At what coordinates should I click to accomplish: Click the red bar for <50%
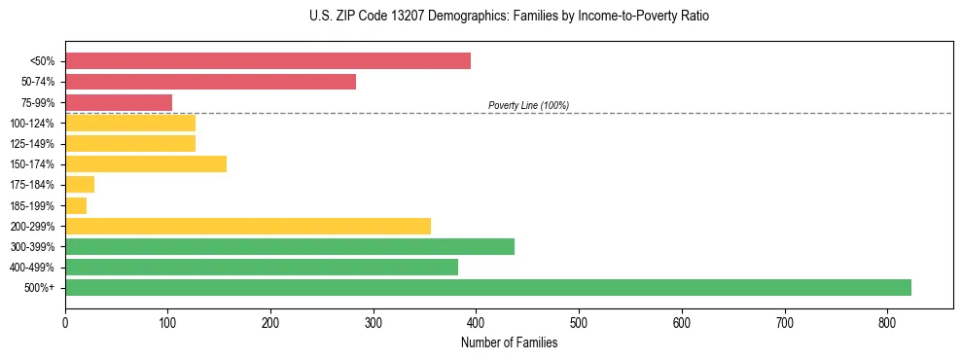click(267, 61)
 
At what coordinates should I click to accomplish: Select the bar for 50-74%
click(210, 82)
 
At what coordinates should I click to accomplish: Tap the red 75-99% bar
click(119, 102)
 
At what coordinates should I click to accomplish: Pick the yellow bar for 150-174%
click(146, 163)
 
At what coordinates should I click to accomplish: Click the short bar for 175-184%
click(80, 184)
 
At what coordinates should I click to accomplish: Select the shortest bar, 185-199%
click(76, 205)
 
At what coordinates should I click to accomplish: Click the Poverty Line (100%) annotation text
click(528, 105)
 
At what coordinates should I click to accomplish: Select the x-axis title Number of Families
click(509, 342)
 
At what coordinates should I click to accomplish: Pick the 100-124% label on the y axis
click(32, 124)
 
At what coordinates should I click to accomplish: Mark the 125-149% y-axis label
click(32, 144)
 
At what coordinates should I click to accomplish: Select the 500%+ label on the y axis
click(40, 288)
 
